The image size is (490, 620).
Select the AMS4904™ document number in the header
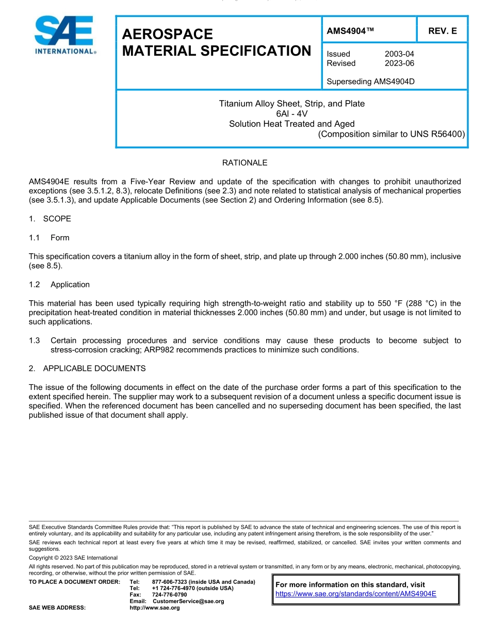pyautogui.click(x=350, y=31)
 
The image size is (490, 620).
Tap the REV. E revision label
pyautogui.click(x=442, y=31)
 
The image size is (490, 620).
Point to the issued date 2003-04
pyautogui.click(x=399, y=54)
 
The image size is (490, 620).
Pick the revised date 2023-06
pyautogui.click(x=399, y=63)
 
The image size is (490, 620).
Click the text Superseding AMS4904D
pyautogui.click(x=371, y=81)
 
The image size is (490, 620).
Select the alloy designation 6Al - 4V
pyautogui.click(x=291, y=113)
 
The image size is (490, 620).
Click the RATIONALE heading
pyautogui.click(x=244, y=163)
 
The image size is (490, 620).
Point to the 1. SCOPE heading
pyautogui.click(x=50, y=219)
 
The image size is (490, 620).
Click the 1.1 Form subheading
pyautogui.click(x=50, y=238)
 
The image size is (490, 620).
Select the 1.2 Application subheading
pyautogui.click(x=60, y=285)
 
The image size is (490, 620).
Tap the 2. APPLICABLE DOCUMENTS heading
pyautogui.click(x=87, y=369)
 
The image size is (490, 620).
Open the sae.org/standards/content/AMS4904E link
pyautogui.click(x=356, y=594)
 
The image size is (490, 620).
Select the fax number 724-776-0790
pyautogui.click(x=170, y=595)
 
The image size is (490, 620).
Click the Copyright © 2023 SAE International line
pyautogui.click(x=73, y=558)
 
